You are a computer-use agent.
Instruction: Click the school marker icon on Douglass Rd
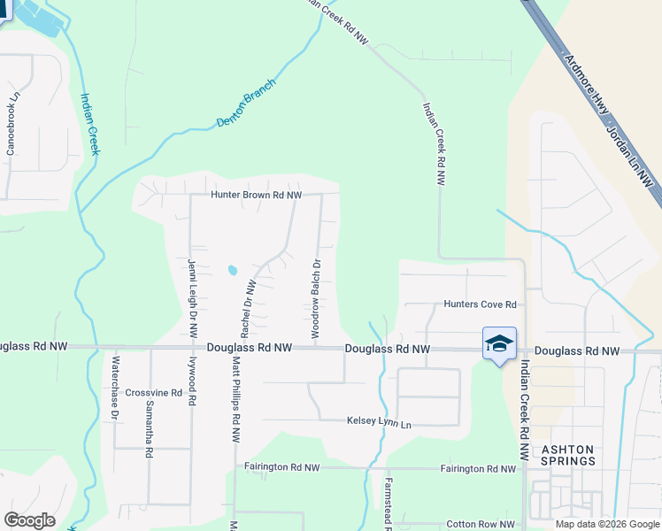coord(499,344)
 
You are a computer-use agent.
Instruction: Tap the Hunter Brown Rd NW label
coord(256,195)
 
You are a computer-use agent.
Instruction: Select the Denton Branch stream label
coord(247,104)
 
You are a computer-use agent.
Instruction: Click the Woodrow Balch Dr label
coord(314,296)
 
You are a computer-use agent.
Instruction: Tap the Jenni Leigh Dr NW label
coord(192,297)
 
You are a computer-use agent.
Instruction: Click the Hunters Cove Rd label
coord(480,304)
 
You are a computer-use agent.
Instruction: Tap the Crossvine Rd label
coord(153,392)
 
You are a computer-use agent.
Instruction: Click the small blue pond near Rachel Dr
coord(232,269)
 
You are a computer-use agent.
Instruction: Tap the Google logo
coord(29,520)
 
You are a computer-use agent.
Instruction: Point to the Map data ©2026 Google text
coord(607,524)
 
